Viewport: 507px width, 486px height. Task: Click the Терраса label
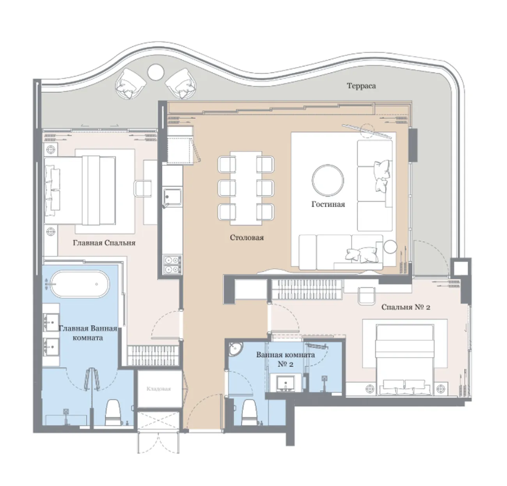(361, 86)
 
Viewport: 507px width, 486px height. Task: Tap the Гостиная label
(328, 204)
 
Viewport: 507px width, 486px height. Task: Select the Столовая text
(247, 237)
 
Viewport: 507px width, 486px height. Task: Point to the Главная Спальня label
(104, 243)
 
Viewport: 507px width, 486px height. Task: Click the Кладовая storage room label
(158, 389)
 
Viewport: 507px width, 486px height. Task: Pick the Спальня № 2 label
(406, 307)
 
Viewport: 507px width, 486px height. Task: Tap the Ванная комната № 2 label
(285, 359)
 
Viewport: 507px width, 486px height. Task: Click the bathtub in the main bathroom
(80, 284)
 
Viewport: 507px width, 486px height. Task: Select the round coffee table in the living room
(328, 180)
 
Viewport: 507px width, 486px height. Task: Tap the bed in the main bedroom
(80, 190)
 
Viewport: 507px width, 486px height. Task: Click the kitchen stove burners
(172, 264)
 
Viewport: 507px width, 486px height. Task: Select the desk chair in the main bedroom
(143, 188)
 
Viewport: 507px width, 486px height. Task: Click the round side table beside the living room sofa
(390, 247)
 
